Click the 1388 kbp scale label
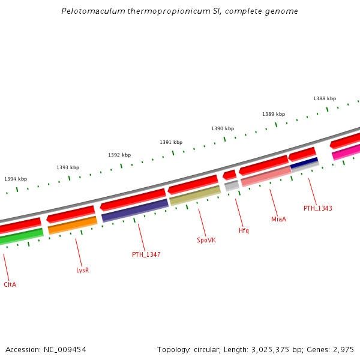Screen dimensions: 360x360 tap(325, 98)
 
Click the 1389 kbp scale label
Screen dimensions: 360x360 tap(274, 114)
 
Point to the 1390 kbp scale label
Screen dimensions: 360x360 tap(223, 128)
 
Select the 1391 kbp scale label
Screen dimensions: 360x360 tap(171, 142)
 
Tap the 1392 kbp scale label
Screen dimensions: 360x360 tap(119, 155)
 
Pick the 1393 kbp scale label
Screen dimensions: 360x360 tap(68, 167)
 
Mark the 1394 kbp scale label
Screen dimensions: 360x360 tap(16, 179)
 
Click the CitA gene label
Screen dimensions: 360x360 tap(10, 284)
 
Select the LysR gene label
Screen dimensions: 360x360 tap(83, 270)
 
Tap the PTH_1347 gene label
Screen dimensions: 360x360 tap(146, 254)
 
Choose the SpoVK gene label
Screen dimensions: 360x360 tap(206, 240)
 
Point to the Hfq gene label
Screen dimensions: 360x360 tap(244, 230)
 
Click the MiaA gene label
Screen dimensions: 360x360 tap(278, 220)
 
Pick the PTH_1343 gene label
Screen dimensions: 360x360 tap(317, 208)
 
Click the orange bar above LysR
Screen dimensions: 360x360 tap(73, 225)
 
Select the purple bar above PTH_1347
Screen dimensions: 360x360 tap(135, 210)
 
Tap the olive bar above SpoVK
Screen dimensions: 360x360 tap(195, 196)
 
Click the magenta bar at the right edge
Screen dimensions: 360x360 tap(346, 152)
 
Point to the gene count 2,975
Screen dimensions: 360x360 tap(344, 349)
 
